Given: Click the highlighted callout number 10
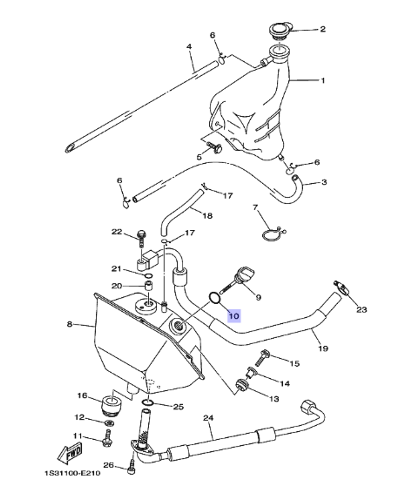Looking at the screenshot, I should [x=234, y=316].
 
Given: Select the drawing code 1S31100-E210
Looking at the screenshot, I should [x=72, y=473].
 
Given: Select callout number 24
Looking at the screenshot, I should [x=208, y=418].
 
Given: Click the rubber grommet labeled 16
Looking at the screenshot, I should [x=111, y=404].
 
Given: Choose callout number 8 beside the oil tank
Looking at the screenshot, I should [x=70, y=324].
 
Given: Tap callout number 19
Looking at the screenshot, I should [x=323, y=348].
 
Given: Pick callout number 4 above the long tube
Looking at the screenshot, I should [x=189, y=47].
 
